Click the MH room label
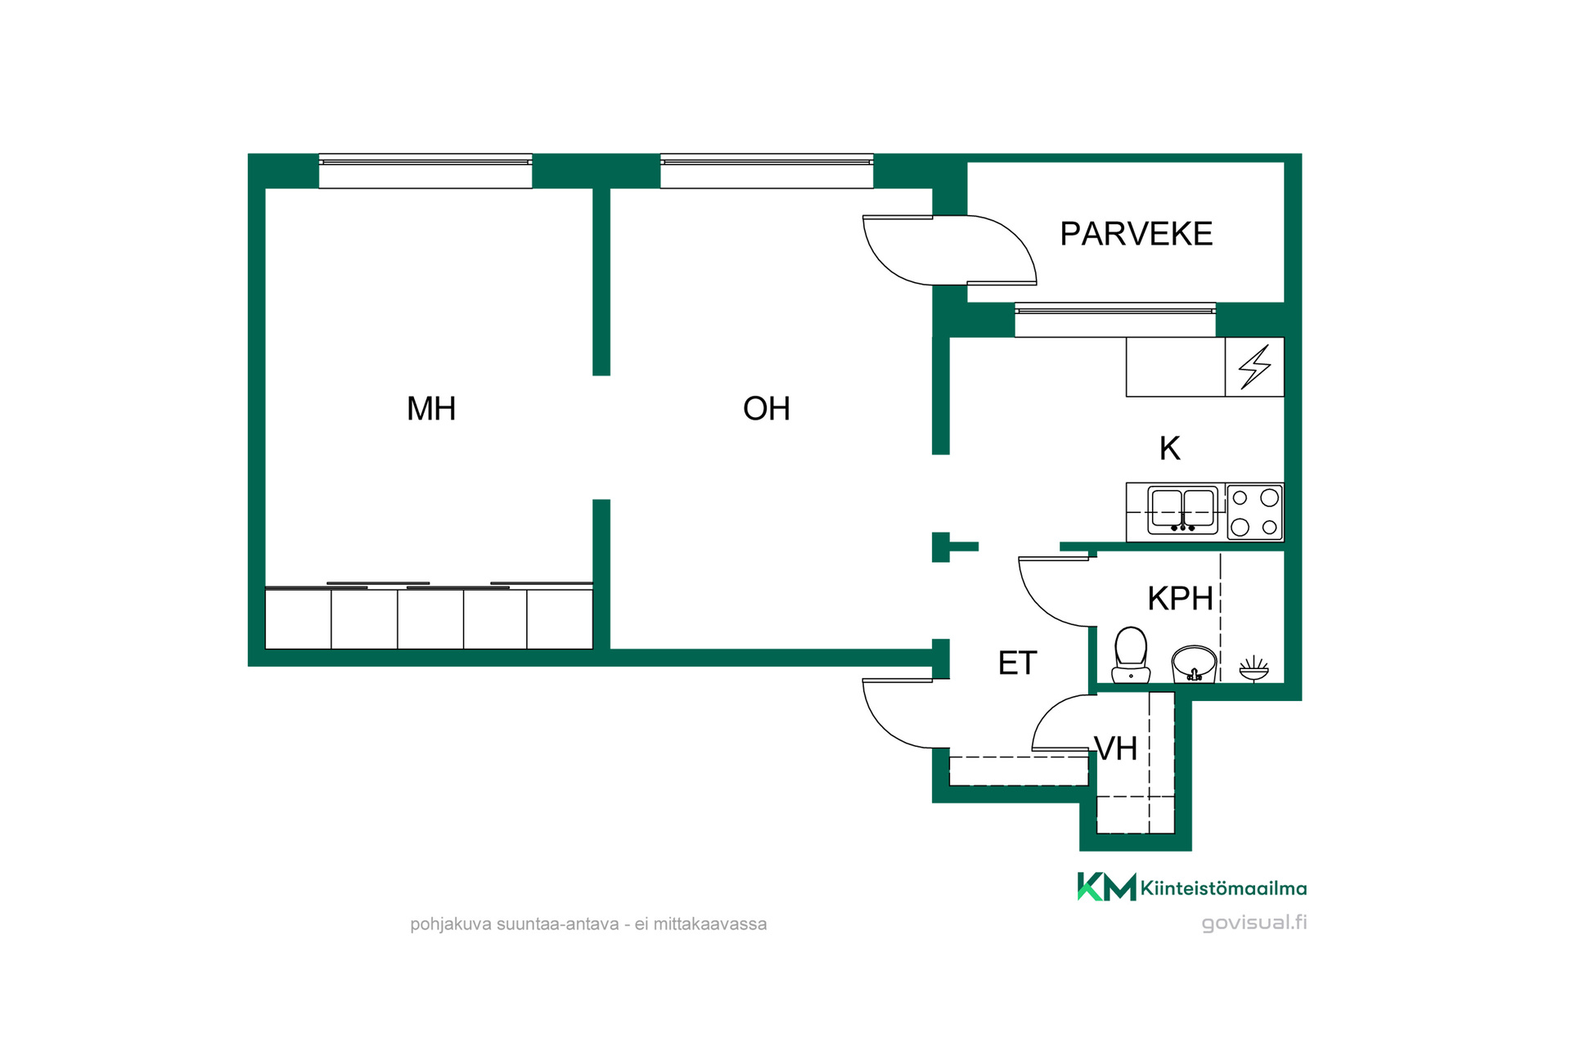(x=431, y=408)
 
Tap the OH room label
(x=767, y=408)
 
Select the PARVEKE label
(x=1136, y=234)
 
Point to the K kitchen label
(x=1170, y=448)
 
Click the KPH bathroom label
(x=1180, y=599)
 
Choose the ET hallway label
(x=1017, y=663)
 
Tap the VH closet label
(x=1116, y=748)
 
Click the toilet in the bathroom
(x=1131, y=654)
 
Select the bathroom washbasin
(x=1194, y=663)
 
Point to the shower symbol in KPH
(x=1254, y=668)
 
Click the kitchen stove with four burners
(x=1255, y=512)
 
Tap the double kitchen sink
(x=1183, y=510)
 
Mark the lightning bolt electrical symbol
(x=1254, y=366)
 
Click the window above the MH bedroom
(x=425, y=171)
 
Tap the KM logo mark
(x=1106, y=887)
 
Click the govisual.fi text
(x=1254, y=923)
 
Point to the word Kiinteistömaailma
(x=1223, y=888)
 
